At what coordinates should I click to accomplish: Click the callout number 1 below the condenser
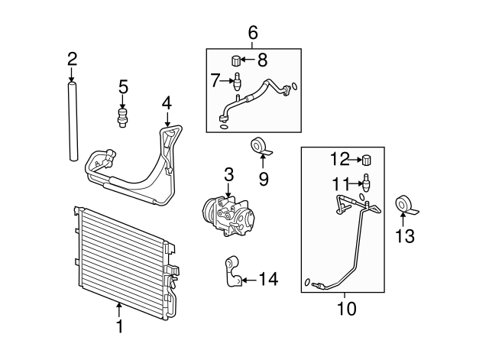point(119,327)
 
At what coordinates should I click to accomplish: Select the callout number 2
point(72,58)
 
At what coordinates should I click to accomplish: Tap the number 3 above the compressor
point(228,175)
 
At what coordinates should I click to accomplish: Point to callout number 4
point(167,102)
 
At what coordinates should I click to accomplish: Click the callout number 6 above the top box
point(254,33)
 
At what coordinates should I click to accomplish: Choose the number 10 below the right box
point(345,309)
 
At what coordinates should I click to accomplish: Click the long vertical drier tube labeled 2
point(72,122)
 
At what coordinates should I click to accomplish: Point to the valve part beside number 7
point(237,80)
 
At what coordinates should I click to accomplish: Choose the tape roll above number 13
point(403,206)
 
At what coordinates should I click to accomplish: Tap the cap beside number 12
point(366,160)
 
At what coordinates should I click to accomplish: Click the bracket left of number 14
point(231,273)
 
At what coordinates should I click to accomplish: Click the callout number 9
point(264,180)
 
